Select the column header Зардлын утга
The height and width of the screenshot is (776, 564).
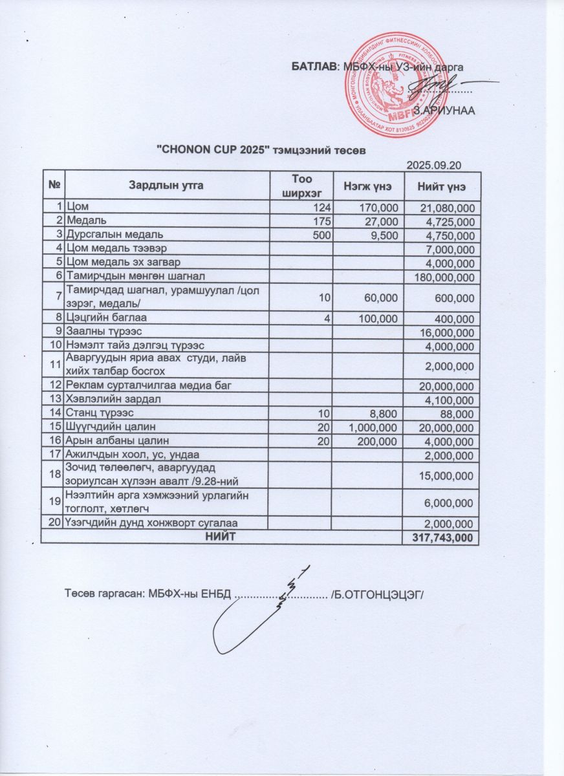tap(167, 186)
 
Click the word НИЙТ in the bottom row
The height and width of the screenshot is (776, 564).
tap(221, 537)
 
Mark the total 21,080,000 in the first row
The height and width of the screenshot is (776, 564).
tap(446, 208)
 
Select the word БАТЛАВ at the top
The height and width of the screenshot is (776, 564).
tap(314, 66)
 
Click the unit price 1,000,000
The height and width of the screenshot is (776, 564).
tap(374, 427)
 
